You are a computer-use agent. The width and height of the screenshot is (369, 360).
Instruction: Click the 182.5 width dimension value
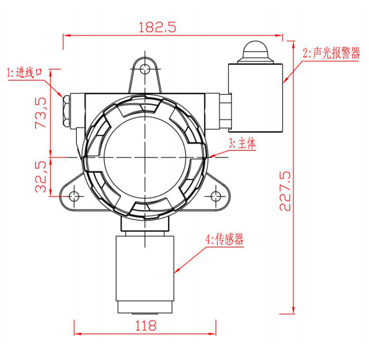(x=159, y=27)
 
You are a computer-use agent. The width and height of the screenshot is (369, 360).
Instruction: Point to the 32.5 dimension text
(x=40, y=177)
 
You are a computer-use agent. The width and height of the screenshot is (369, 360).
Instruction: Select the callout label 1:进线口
(x=25, y=73)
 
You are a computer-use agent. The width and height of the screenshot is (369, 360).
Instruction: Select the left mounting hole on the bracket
(x=74, y=196)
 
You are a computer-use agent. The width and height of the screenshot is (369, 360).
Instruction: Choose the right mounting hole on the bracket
(x=216, y=196)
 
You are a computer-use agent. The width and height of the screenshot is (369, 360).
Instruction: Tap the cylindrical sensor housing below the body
(x=144, y=266)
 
